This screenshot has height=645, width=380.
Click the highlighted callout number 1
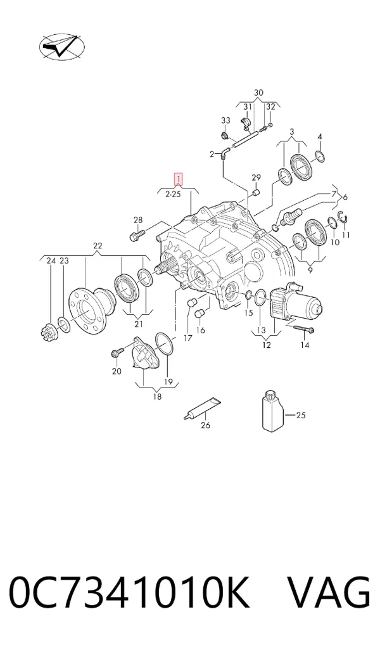[179, 179]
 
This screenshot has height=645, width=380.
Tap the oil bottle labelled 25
[272, 411]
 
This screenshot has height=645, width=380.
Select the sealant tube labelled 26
[202, 408]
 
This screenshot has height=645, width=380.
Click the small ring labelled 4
[320, 156]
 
